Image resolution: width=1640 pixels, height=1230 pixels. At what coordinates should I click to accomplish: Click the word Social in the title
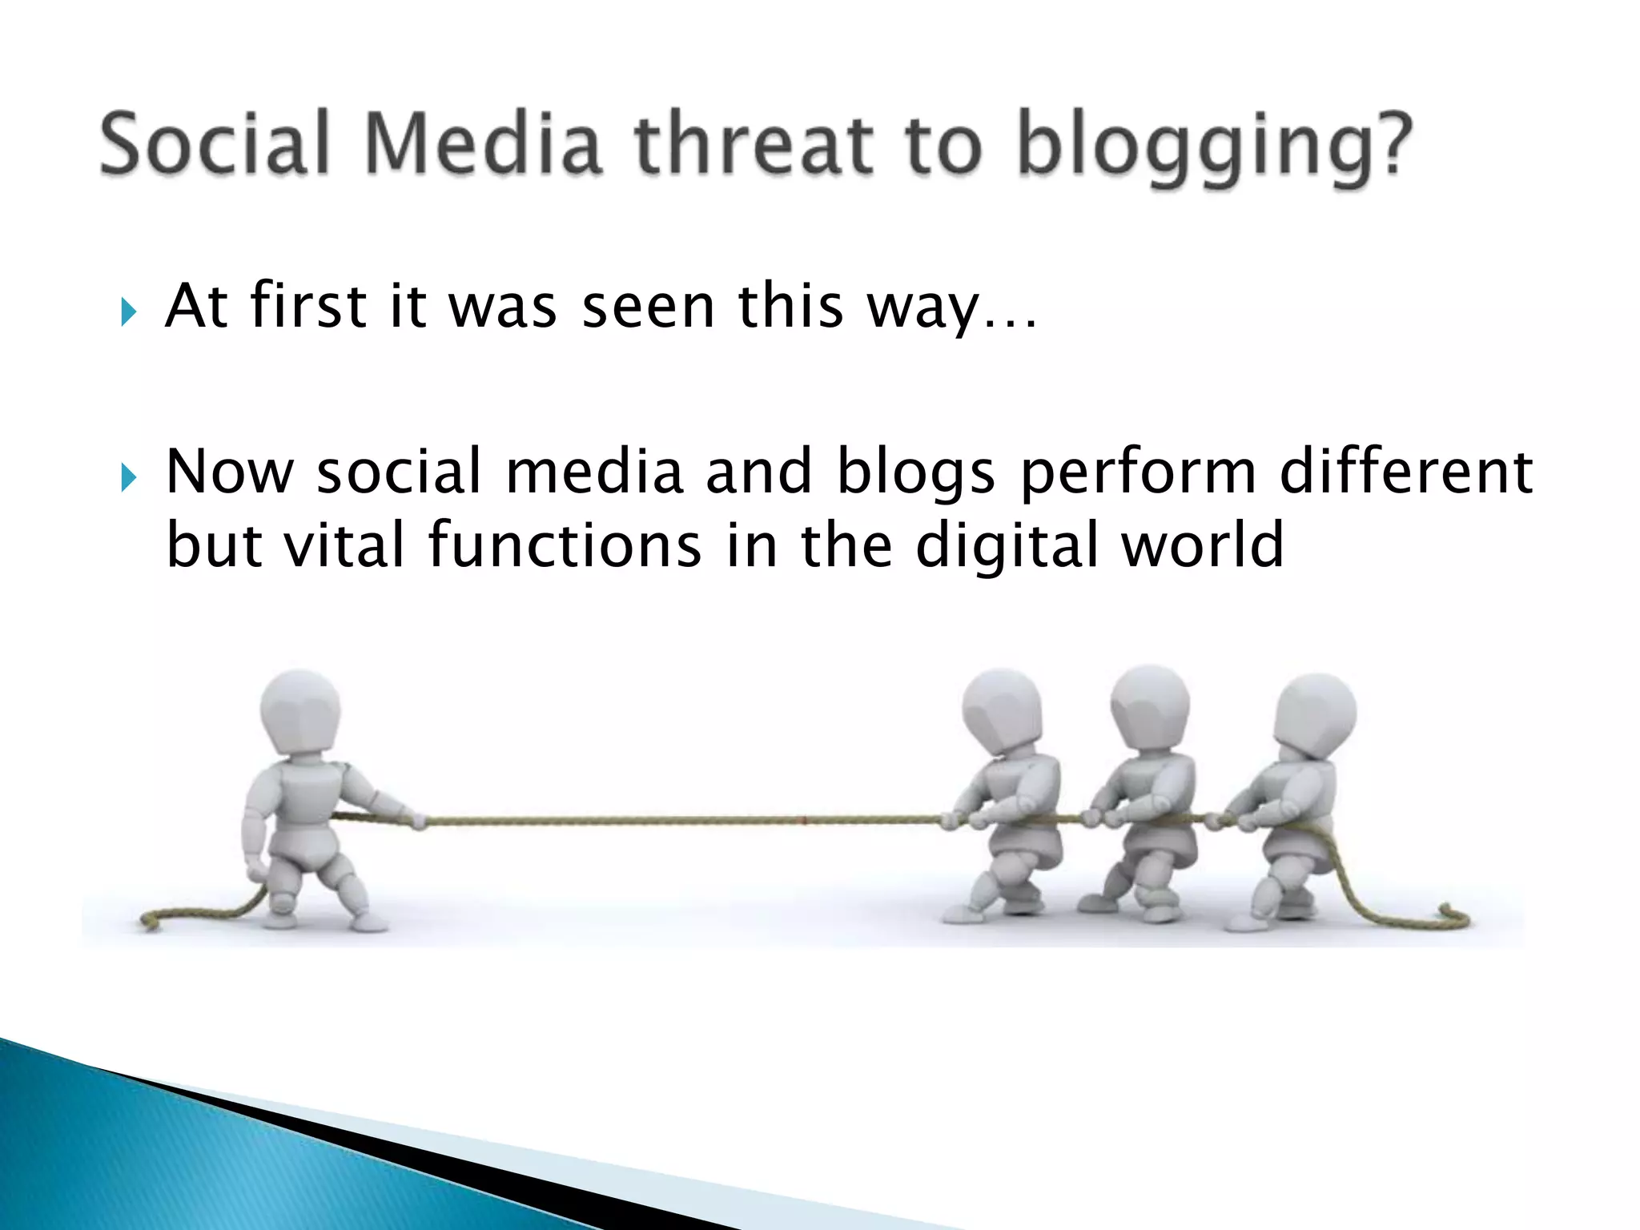(215, 144)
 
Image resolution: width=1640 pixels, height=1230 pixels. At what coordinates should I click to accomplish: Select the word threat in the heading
(754, 144)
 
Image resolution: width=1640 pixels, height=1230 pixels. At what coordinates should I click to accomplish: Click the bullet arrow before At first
(128, 312)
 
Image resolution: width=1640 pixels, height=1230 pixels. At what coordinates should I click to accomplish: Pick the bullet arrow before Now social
(128, 478)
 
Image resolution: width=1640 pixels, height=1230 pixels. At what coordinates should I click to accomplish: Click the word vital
(344, 545)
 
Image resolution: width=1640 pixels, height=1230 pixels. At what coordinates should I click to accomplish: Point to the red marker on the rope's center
(804, 819)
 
